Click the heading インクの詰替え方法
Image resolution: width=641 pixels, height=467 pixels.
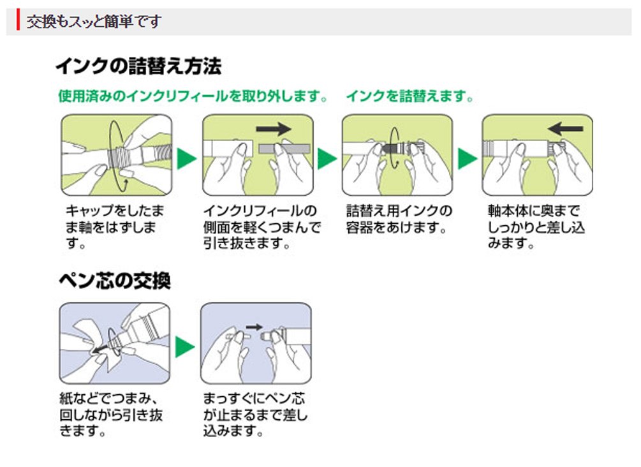tap(138, 66)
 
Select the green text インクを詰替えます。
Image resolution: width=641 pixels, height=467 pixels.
tap(411, 97)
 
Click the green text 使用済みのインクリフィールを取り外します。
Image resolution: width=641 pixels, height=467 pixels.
tap(193, 97)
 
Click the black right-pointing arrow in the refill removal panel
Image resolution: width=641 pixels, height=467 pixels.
tap(273, 129)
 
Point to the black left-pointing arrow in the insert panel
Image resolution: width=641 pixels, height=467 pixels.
tap(565, 128)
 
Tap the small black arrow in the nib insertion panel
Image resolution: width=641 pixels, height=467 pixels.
tap(254, 327)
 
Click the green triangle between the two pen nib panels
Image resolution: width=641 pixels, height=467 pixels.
tap(185, 346)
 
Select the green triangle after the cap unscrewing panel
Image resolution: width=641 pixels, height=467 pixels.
tap(186, 156)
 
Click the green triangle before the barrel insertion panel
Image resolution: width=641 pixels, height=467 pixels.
tap(468, 156)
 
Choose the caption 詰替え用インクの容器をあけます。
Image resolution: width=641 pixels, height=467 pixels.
tap(398, 219)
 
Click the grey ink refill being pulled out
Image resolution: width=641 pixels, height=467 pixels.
tap(283, 148)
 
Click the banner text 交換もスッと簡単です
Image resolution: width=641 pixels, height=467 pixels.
tap(93, 21)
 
